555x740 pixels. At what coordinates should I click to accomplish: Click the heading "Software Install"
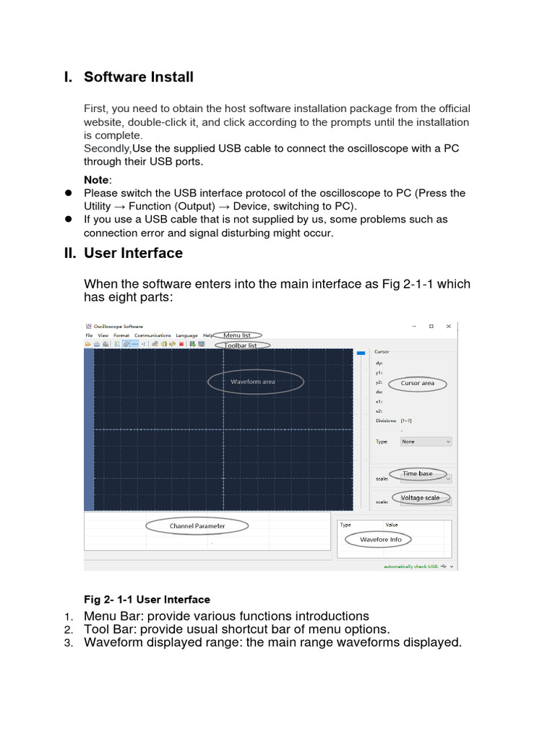click(138, 77)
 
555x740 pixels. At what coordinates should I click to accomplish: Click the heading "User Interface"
click(133, 253)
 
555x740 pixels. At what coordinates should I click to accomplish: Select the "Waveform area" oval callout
click(256, 381)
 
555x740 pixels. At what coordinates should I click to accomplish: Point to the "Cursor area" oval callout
click(418, 383)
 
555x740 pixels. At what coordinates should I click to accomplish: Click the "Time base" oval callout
click(417, 473)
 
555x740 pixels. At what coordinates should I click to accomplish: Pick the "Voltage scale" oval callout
click(420, 498)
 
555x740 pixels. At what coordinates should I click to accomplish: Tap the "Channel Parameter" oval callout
click(197, 526)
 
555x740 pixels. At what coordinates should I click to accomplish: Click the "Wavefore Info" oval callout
click(381, 539)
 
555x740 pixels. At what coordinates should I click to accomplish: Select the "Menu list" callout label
click(238, 335)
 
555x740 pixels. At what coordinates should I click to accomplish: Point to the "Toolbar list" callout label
click(241, 345)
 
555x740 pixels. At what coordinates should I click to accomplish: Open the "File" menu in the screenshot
click(89, 335)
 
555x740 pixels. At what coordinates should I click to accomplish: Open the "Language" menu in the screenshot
click(186, 335)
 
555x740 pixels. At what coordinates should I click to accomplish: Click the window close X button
click(449, 326)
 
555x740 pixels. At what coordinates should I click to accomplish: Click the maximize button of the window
click(431, 326)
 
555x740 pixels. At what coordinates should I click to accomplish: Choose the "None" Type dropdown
click(426, 441)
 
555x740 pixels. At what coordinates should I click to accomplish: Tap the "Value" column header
click(392, 525)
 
